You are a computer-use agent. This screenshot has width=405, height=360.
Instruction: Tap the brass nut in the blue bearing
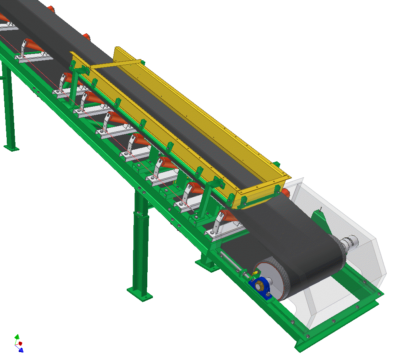[259, 285]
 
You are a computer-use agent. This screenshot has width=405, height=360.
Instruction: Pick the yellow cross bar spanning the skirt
[115, 64]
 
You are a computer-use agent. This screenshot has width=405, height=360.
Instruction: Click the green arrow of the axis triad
[17, 337]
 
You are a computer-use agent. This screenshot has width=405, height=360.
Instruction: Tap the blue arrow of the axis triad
[21, 350]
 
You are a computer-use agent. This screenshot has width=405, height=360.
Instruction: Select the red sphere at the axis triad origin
[20, 343]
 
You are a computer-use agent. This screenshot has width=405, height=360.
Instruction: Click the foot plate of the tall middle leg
[140, 293]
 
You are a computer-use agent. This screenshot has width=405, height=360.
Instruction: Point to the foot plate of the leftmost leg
[11, 148]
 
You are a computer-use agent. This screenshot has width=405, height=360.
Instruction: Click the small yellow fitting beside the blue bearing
[255, 272]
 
